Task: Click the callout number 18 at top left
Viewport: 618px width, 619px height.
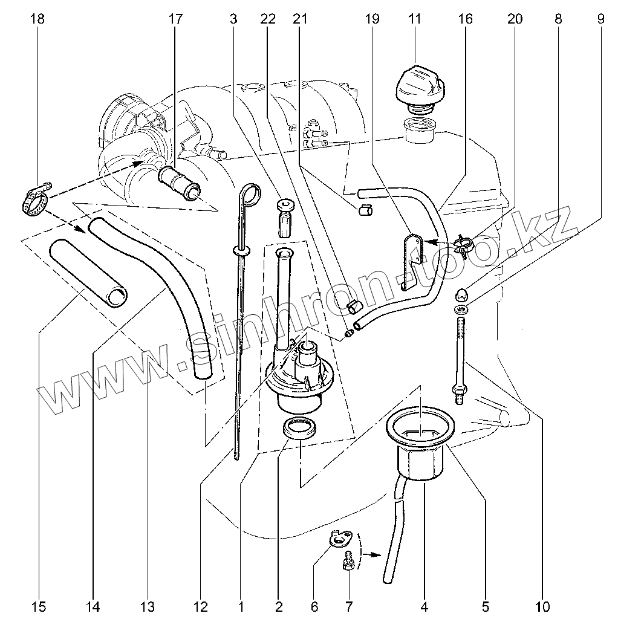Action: [x=37, y=19]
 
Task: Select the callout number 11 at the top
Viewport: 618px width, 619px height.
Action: [x=414, y=19]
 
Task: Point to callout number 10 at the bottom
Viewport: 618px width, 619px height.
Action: [x=542, y=606]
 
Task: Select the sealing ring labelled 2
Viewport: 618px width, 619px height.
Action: [x=299, y=429]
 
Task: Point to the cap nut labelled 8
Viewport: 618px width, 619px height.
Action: [x=461, y=293]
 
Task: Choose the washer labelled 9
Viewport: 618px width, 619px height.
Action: [x=461, y=310]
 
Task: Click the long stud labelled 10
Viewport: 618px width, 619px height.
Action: [x=458, y=357]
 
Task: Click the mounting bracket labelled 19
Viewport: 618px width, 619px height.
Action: [x=413, y=257]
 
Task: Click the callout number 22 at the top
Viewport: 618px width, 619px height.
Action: [x=268, y=19]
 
